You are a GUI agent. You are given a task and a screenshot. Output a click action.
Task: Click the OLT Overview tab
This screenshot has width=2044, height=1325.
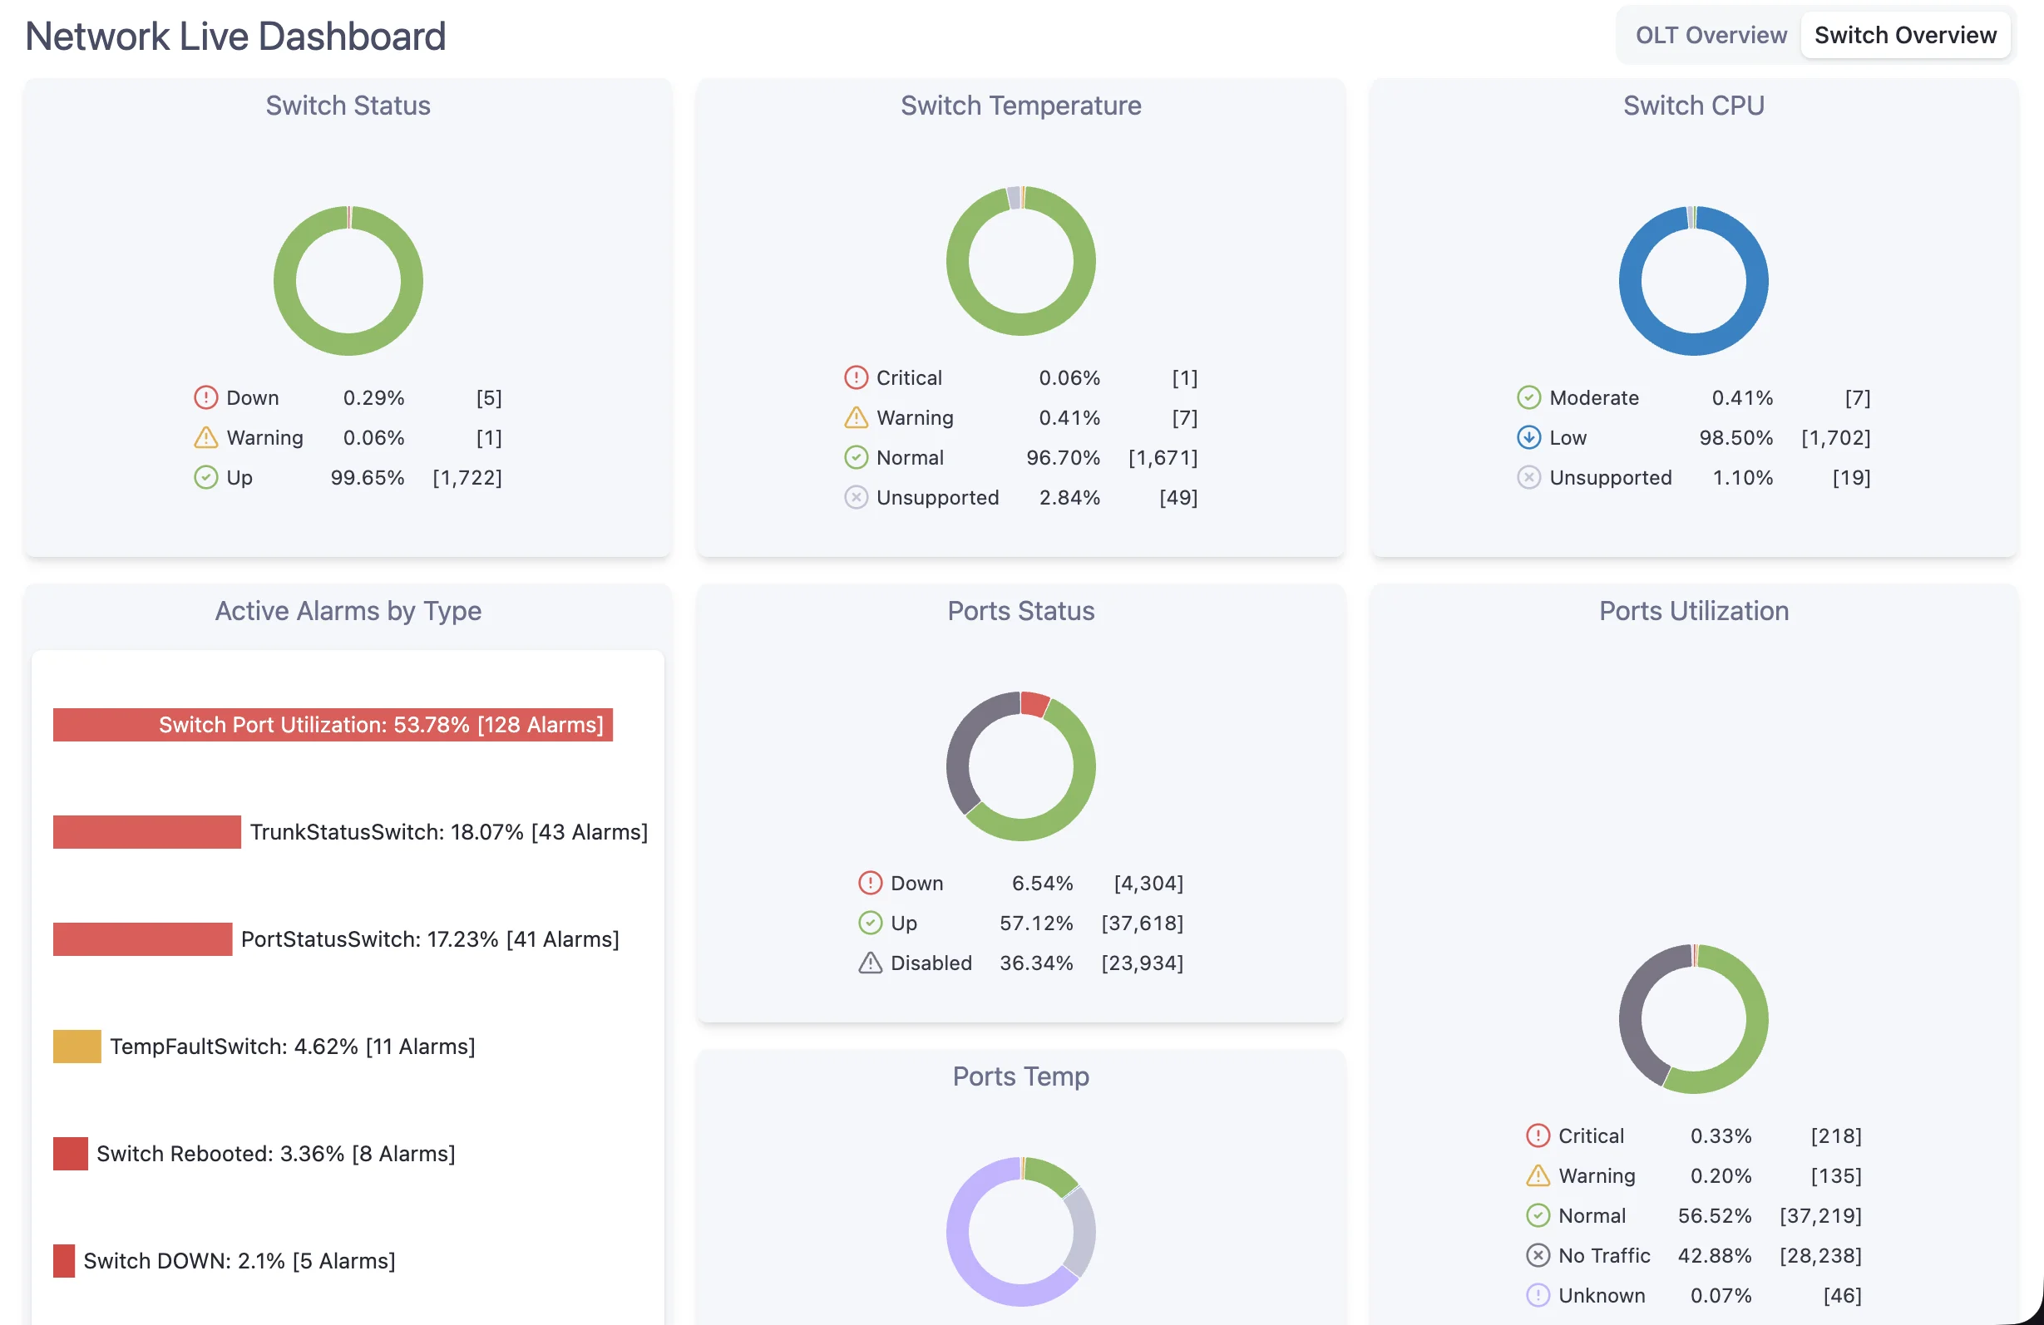pos(1710,35)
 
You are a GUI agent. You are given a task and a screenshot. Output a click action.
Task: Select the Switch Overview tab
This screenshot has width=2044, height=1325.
pos(1904,35)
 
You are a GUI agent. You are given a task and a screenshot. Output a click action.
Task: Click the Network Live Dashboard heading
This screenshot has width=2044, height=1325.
pos(235,36)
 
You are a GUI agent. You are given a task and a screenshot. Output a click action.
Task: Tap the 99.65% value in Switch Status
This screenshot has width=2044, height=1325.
pos(367,477)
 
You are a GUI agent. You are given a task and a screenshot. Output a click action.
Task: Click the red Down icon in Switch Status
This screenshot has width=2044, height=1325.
pos(205,397)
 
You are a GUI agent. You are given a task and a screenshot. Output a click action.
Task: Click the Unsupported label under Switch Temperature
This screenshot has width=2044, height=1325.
pos(937,497)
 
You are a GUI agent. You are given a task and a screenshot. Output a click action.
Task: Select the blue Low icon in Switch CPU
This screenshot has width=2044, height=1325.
pos(1528,437)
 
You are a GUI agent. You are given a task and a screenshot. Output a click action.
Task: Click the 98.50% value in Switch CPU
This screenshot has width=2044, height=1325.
pos(1735,437)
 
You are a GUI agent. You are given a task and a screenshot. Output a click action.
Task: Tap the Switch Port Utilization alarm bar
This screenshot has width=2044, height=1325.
pos(333,725)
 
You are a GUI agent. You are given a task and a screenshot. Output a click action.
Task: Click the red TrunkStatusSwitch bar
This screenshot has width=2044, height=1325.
pos(146,832)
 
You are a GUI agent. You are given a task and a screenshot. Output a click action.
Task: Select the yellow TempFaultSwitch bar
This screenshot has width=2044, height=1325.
pos(77,1046)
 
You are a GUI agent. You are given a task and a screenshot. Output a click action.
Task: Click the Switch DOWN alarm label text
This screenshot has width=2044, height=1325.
pos(239,1261)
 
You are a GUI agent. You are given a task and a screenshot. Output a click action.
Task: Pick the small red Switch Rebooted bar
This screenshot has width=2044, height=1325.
pos(70,1153)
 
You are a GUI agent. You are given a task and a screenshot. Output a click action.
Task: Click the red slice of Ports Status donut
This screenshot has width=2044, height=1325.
pos(1034,703)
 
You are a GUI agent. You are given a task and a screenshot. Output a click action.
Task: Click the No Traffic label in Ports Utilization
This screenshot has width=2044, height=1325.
pos(1603,1255)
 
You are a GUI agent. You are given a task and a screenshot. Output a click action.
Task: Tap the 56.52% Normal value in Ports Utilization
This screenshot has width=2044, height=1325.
pos(1713,1215)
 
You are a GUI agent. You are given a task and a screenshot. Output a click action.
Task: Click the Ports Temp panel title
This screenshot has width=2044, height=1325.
pos(1020,1076)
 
